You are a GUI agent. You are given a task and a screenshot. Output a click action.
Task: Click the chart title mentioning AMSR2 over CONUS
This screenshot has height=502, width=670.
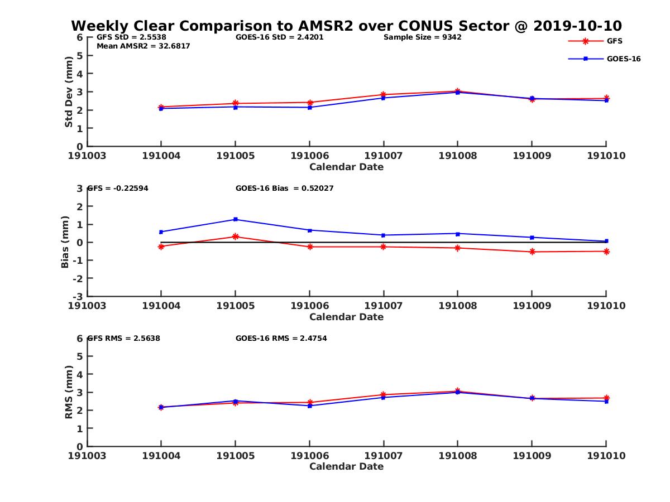[346, 26]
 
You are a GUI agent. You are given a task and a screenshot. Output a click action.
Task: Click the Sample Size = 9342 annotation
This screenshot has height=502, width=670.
[422, 37]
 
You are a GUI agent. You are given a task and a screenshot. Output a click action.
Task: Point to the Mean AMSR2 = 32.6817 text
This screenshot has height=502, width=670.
[143, 46]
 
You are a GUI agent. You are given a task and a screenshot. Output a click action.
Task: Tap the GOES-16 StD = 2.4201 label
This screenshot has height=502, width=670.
[279, 37]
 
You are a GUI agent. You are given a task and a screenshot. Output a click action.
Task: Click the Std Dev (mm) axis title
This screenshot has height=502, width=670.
[69, 91]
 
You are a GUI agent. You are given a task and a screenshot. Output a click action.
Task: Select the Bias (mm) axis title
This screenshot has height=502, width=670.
[65, 242]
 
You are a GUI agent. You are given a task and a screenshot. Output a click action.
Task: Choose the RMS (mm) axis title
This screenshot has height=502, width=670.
[69, 392]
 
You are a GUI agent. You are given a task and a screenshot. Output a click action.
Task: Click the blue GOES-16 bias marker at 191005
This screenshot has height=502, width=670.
[236, 219]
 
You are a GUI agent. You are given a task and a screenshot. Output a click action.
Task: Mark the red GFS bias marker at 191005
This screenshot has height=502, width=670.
[236, 236]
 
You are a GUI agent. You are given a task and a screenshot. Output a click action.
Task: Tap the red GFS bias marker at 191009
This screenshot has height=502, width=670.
[532, 252]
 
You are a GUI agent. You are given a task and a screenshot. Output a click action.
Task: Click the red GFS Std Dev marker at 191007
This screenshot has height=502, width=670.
[384, 95]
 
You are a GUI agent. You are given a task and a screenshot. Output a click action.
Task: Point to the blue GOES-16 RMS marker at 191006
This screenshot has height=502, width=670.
[309, 406]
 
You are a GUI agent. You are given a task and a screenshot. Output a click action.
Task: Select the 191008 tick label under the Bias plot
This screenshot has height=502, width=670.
[457, 306]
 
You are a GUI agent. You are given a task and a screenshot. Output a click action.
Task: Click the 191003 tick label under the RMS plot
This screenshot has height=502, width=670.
[87, 456]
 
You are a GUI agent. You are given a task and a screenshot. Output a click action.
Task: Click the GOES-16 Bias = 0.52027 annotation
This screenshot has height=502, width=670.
[284, 189]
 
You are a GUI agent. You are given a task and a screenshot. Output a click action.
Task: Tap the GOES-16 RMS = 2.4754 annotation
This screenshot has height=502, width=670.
[281, 338]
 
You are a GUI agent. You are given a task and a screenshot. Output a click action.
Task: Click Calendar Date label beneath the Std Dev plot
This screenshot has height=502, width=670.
[346, 167]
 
